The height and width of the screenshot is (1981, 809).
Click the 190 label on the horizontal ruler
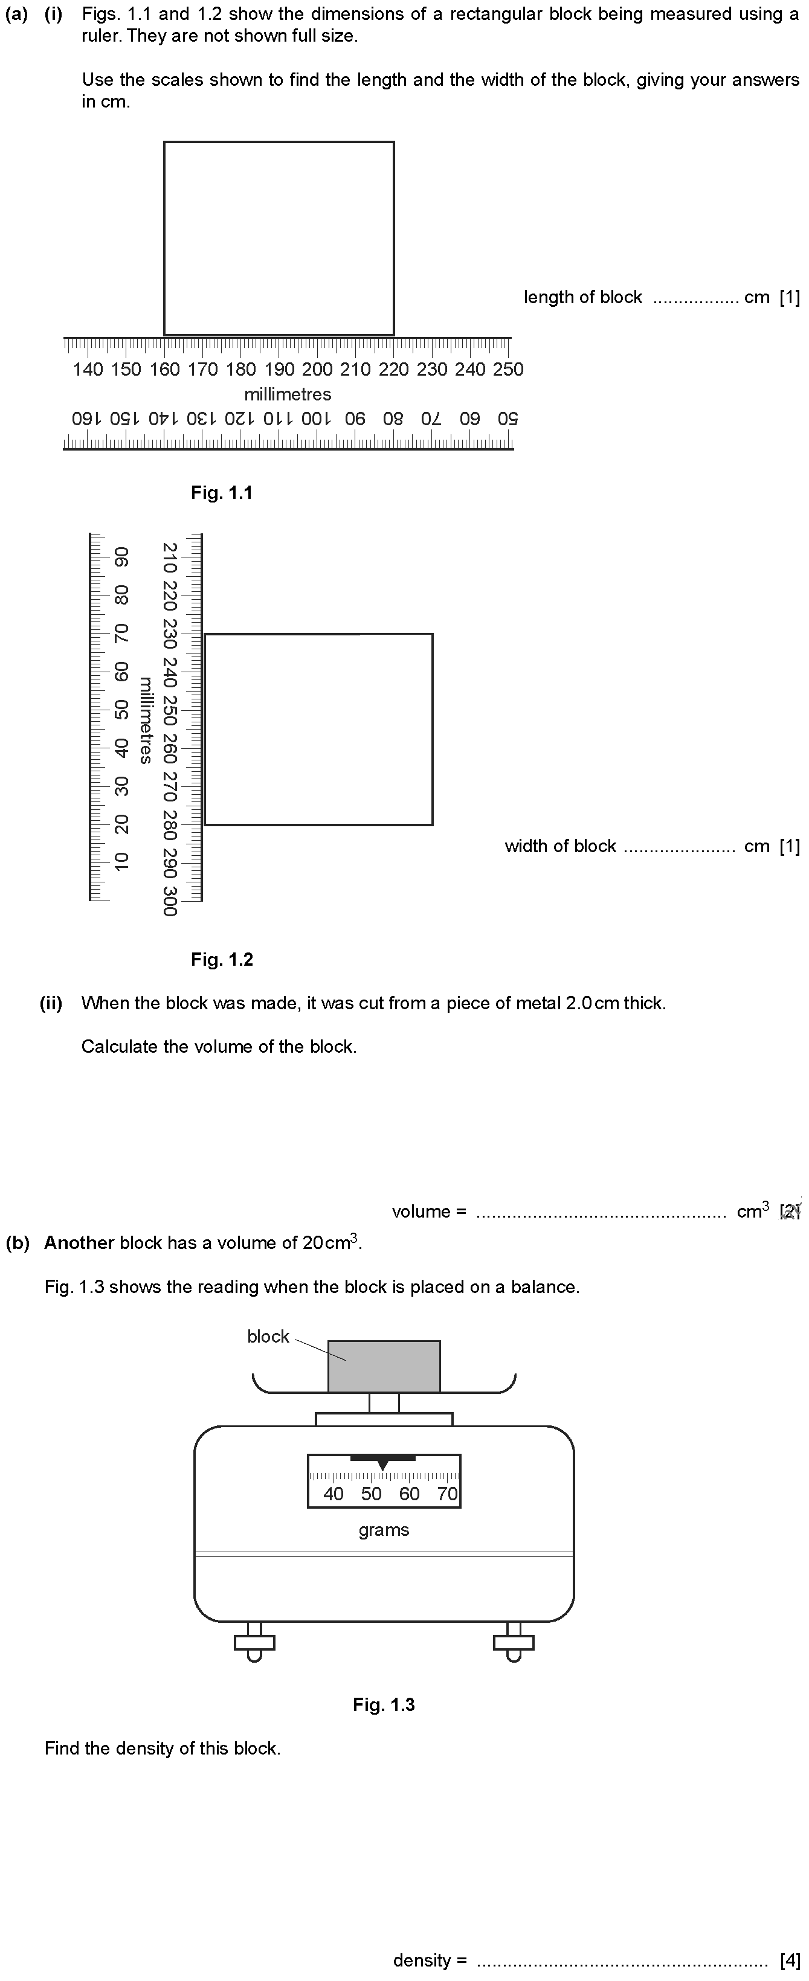pyautogui.click(x=279, y=369)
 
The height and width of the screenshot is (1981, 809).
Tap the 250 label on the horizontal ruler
pyautogui.click(x=508, y=369)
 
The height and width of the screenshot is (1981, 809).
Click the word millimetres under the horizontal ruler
pyautogui.click(x=288, y=394)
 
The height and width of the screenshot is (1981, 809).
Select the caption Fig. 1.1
pyautogui.click(x=222, y=493)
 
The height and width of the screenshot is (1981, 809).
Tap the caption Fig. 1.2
pyautogui.click(x=222, y=960)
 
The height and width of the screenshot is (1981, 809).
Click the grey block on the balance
pyautogui.click(x=384, y=1367)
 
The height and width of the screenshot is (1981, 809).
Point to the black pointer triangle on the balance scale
pyautogui.click(x=383, y=1465)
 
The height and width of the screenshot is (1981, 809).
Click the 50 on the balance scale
pyautogui.click(x=372, y=1494)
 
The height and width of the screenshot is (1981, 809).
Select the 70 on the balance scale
pyautogui.click(x=448, y=1494)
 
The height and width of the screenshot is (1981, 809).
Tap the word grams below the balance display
pyautogui.click(x=384, y=1530)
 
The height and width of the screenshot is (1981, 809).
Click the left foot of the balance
pyautogui.click(x=254, y=1643)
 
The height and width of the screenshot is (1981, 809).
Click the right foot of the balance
pyautogui.click(x=514, y=1643)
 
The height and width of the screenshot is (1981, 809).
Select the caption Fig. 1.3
pyautogui.click(x=384, y=1705)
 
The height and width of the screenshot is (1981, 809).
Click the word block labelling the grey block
pyautogui.click(x=268, y=1337)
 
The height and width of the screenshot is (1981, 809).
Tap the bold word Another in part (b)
pyautogui.click(x=79, y=1243)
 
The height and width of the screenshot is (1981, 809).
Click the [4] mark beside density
pyautogui.click(x=790, y=1960)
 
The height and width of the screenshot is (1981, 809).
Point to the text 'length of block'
pyautogui.click(x=583, y=298)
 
